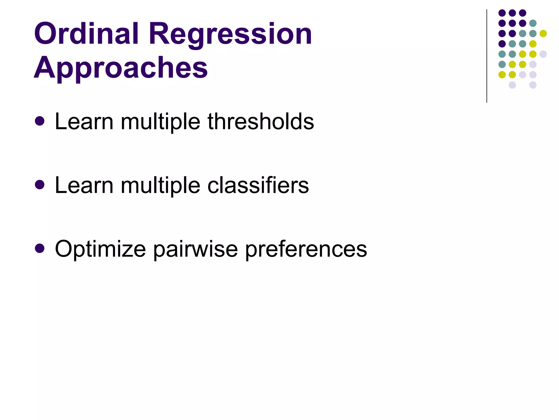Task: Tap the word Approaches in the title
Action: (120, 68)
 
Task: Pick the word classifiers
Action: (258, 185)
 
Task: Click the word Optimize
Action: (100, 249)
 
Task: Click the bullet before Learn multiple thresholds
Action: (40, 121)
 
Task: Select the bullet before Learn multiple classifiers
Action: (40, 185)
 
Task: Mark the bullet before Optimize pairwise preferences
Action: (40, 249)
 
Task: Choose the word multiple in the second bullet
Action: (160, 185)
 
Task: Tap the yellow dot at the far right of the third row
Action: (543, 33)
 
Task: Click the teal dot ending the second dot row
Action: (533, 23)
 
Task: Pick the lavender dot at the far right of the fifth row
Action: (543, 54)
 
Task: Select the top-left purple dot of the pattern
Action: (502, 13)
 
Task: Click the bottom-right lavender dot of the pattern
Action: (533, 85)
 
